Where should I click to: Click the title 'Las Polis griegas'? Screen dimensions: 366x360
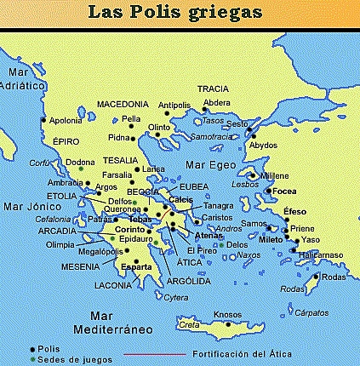(x=180, y=12)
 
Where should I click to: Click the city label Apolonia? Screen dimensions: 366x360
(x=66, y=121)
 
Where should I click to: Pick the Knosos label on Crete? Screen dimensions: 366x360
(x=227, y=312)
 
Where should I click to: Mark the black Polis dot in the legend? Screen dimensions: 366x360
(x=32, y=349)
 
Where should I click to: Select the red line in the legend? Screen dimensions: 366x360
(x=153, y=352)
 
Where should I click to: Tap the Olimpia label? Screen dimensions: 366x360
(x=60, y=243)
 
